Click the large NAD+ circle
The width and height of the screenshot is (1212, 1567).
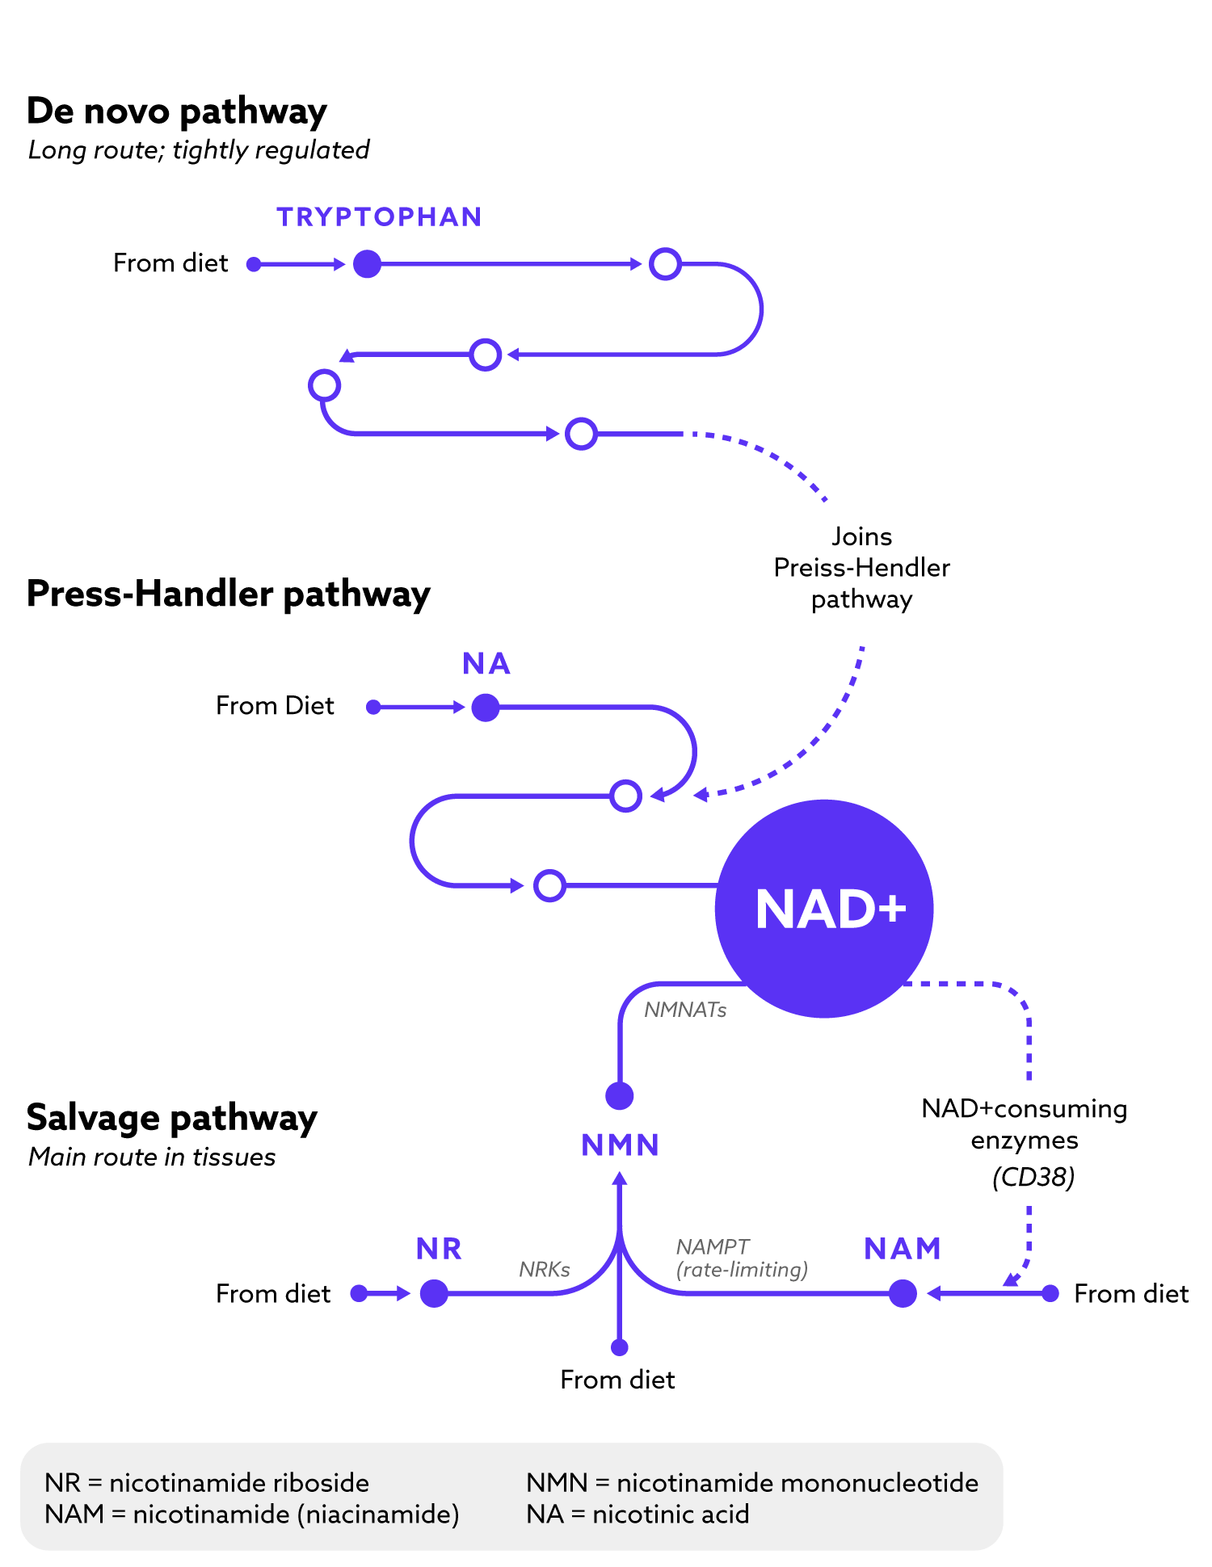pyautogui.click(x=824, y=909)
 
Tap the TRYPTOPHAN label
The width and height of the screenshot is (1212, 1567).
pyautogui.click(x=379, y=217)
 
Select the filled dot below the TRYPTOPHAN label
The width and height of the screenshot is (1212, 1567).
pyautogui.click(x=367, y=264)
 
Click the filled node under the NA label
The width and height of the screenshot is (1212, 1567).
pyautogui.click(x=486, y=708)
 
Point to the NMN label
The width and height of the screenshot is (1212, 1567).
pyautogui.click(x=621, y=1145)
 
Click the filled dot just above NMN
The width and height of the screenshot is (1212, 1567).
pyautogui.click(x=620, y=1096)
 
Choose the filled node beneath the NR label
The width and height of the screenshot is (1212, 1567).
pyautogui.click(x=434, y=1293)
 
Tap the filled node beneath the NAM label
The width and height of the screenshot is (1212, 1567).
pyautogui.click(x=903, y=1293)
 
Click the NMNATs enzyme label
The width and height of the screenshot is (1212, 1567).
pyautogui.click(x=685, y=1010)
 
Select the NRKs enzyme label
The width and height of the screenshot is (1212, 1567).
pyautogui.click(x=545, y=1269)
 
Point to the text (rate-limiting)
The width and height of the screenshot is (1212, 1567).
pyautogui.click(x=742, y=1270)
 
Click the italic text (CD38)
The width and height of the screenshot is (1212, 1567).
pyautogui.click(x=1033, y=1177)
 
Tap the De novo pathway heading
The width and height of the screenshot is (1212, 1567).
pyautogui.click(x=176, y=111)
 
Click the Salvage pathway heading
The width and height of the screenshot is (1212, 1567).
pyautogui.click(x=171, y=1118)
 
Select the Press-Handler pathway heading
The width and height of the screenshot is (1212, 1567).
pyautogui.click(x=228, y=594)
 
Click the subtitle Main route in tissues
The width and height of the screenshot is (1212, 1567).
pyautogui.click(x=152, y=1157)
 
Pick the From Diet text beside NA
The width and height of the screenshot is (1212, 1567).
pyautogui.click(x=275, y=706)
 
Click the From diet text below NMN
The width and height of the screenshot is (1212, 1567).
pyautogui.click(x=617, y=1380)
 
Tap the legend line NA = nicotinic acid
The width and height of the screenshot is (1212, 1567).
pyautogui.click(x=638, y=1514)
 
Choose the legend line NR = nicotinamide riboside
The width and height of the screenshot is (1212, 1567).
pyautogui.click(x=207, y=1483)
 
